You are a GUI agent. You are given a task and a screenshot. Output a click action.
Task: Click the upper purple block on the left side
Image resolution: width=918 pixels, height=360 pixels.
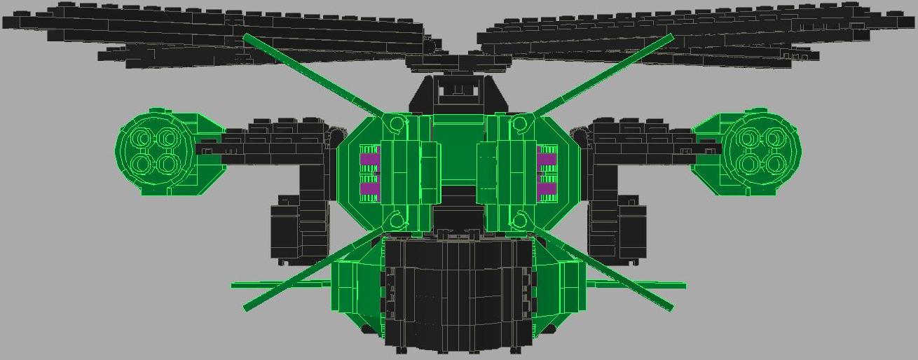coord(369,159)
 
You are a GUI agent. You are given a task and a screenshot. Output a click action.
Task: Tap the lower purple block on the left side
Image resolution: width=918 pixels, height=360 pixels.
coord(369,188)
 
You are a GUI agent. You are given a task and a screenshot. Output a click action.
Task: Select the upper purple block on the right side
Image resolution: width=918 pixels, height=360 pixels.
coord(547,159)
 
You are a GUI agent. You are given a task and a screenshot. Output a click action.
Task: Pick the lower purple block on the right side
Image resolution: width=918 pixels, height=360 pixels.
coord(547,188)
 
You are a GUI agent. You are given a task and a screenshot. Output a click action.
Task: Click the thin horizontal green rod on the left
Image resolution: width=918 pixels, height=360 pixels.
coord(266,285)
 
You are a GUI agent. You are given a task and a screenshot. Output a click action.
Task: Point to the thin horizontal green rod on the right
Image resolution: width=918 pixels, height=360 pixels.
coord(652,285)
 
